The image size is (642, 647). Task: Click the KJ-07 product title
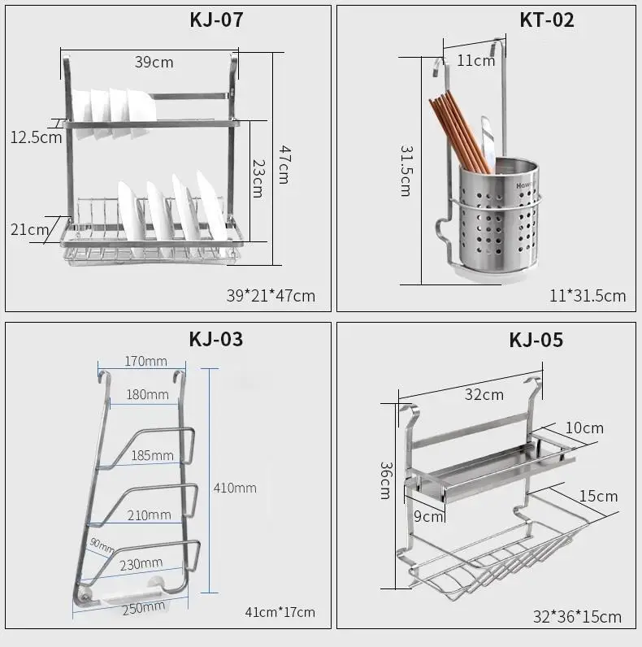click(x=216, y=20)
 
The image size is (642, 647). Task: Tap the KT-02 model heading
click(x=547, y=20)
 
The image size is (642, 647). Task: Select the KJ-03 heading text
click(x=216, y=339)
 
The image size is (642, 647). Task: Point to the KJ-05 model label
click(x=536, y=340)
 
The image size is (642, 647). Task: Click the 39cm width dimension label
click(x=154, y=63)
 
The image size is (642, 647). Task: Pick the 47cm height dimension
click(x=284, y=164)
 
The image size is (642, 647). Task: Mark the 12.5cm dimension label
click(x=36, y=137)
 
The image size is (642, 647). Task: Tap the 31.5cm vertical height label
click(x=406, y=171)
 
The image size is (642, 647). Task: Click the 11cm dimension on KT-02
click(x=475, y=61)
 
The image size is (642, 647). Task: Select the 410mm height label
click(x=235, y=489)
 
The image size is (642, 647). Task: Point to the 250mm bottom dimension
click(x=144, y=608)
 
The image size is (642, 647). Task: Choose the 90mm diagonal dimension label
click(x=102, y=545)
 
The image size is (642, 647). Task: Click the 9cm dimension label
click(x=428, y=516)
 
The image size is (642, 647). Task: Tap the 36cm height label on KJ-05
click(x=386, y=480)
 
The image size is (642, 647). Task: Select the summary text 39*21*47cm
click(x=271, y=296)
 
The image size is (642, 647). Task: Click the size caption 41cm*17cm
click(x=280, y=612)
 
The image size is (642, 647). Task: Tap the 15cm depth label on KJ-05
click(x=598, y=496)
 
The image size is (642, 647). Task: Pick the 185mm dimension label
click(x=152, y=455)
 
